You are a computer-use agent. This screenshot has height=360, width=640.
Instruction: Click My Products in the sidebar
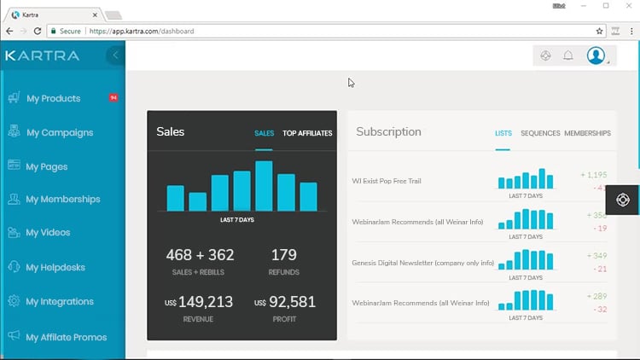(53, 99)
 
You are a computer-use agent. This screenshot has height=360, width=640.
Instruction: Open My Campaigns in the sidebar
(59, 133)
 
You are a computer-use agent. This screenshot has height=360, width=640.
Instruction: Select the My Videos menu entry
(48, 233)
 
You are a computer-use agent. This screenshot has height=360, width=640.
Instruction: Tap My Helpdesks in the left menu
(55, 268)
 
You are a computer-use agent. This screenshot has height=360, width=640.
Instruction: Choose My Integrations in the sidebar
(60, 302)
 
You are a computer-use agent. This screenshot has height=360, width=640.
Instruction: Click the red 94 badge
(113, 98)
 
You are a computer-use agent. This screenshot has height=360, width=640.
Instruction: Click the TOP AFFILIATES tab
(307, 133)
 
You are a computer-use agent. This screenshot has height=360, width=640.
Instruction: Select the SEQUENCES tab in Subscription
(540, 133)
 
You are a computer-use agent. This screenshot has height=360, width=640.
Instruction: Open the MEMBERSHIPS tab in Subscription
(587, 133)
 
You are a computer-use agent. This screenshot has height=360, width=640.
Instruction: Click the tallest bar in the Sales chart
(264, 186)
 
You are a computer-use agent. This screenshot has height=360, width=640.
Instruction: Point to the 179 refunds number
(283, 255)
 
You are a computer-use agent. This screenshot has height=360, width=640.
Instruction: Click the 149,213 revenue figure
(206, 301)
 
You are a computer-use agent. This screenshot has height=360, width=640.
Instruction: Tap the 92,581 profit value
(292, 301)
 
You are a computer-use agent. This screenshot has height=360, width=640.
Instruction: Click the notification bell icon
(568, 56)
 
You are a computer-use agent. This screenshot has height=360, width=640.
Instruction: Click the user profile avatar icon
(596, 55)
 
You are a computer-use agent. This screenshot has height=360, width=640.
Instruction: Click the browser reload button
(38, 31)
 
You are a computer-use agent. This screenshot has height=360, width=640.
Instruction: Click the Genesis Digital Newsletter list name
(422, 263)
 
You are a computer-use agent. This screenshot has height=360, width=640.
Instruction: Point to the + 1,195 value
(594, 175)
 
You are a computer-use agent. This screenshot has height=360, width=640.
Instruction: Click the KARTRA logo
(42, 55)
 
